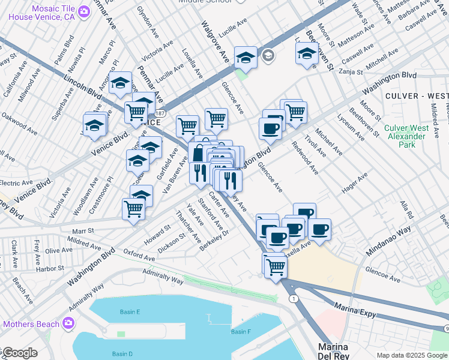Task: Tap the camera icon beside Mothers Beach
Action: (x=68, y=324)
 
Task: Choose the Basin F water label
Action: (x=241, y=332)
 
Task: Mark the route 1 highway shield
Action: (x=292, y=298)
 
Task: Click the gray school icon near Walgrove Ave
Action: (x=268, y=56)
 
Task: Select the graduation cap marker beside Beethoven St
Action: (x=307, y=53)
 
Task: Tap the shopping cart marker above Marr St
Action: (x=133, y=210)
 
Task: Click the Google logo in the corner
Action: (x=19, y=353)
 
